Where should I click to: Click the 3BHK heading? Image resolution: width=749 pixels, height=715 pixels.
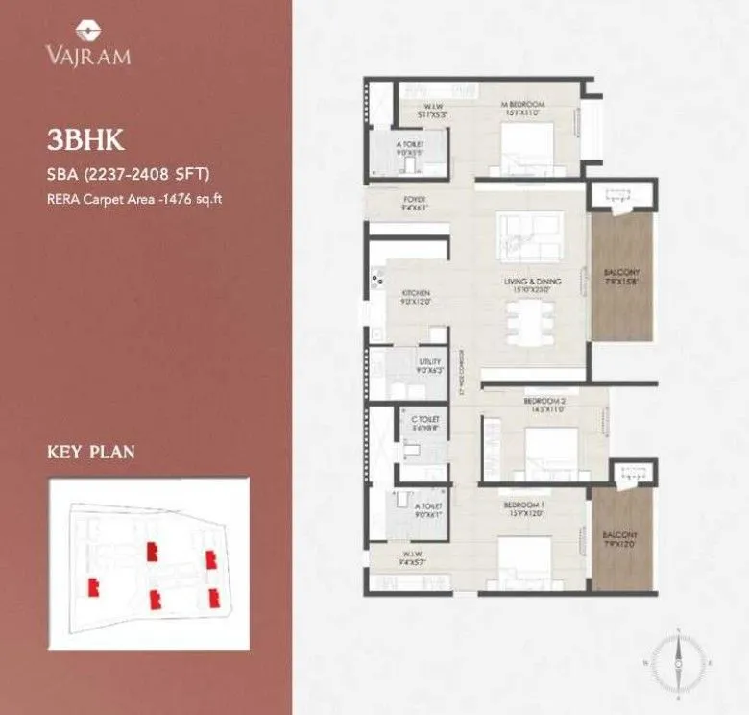click(85, 139)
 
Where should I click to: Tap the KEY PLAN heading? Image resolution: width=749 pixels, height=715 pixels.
click(90, 451)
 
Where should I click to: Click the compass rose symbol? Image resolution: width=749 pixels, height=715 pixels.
click(678, 661)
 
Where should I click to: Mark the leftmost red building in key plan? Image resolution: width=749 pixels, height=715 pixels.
click(93, 586)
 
